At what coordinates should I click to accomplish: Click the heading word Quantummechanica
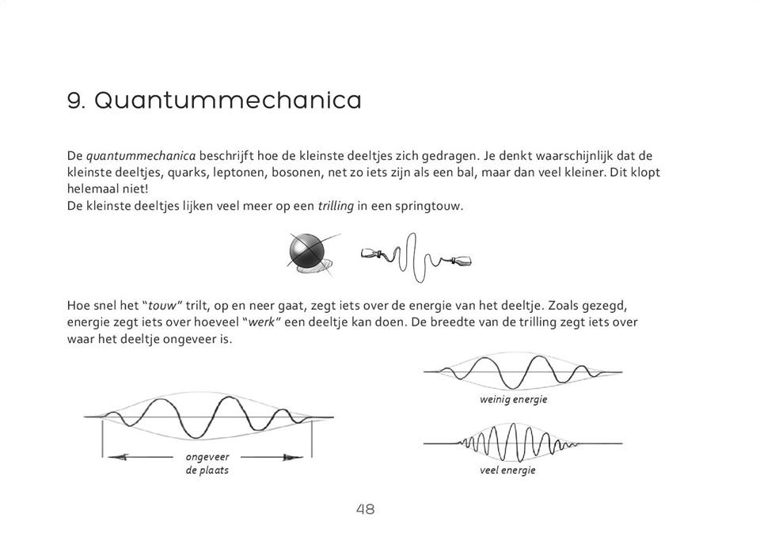coord(228,101)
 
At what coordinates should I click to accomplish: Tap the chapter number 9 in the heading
coord(76,101)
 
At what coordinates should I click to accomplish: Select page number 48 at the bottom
coord(365,509)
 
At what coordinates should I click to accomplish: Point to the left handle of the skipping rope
coord(370,255)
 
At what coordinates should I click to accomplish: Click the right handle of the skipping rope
coord(461,260)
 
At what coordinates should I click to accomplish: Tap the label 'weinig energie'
coord(513,399)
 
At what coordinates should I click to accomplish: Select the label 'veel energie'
coord(507,470)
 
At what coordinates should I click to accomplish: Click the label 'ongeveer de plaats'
coord(207,463)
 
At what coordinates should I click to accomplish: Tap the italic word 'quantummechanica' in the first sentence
coord(130,156)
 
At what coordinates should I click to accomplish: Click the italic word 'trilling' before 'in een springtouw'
coord(335,207)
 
